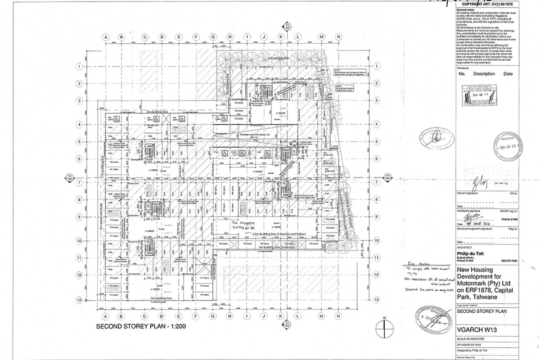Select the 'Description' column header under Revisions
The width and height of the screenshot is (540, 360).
tap(484, 74)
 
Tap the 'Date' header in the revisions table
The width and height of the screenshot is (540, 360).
tap(508, 74)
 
